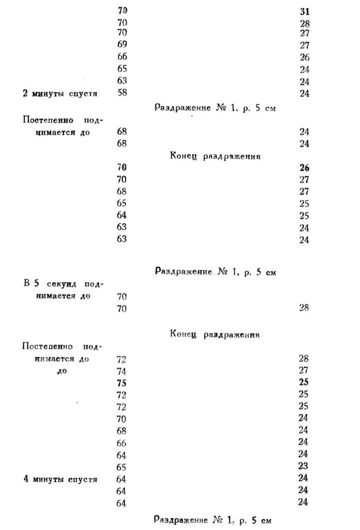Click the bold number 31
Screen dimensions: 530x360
click(305, 11)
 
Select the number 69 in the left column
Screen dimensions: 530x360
click(122, 45)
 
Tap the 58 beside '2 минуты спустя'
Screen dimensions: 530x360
click(122, 93)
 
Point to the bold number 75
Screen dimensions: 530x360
click(122, 383)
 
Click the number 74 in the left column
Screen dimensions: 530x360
click(122, 371)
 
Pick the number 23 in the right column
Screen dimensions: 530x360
click(304, 466)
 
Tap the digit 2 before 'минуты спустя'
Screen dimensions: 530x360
click(26, 93)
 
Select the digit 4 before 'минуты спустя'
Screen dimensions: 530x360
click(26, 479)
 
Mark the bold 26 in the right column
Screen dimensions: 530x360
click(304, 168)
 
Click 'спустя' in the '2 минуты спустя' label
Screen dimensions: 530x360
click(84, 93)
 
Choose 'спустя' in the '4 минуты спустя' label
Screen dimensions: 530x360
click(84, 479)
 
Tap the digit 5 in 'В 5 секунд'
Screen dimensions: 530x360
click(36, 284)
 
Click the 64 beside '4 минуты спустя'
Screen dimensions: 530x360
click(121, 479)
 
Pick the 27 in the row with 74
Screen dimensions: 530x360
click(304, 370)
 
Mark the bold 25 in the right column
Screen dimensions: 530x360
click(304, 382)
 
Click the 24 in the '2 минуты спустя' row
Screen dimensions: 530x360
click(304, 93)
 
